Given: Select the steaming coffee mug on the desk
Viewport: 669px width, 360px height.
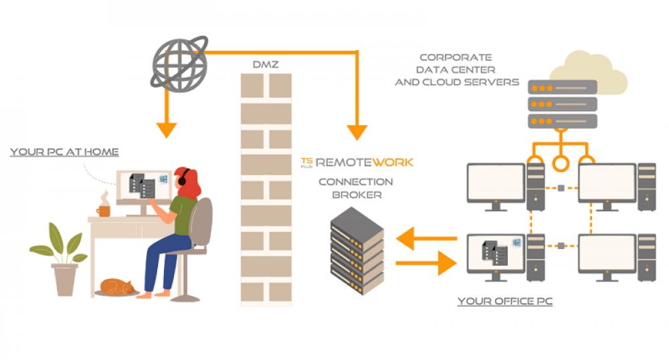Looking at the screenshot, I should (x=103, y=210).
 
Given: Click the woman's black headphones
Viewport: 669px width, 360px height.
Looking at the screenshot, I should (x=181, y=179).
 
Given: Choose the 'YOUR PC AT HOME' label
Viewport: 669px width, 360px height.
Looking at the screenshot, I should (x=64, y=153).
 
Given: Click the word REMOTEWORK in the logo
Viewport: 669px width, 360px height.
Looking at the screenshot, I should (x=365, y=162).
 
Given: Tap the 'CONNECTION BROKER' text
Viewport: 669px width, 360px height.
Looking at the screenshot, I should (x=355, y=188).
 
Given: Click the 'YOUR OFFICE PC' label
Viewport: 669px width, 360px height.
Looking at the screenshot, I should (x=504, y=302).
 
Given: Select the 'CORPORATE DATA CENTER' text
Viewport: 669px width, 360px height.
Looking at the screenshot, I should (x=456, y=70).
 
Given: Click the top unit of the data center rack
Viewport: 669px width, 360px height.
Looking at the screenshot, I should (x=562, y=88).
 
